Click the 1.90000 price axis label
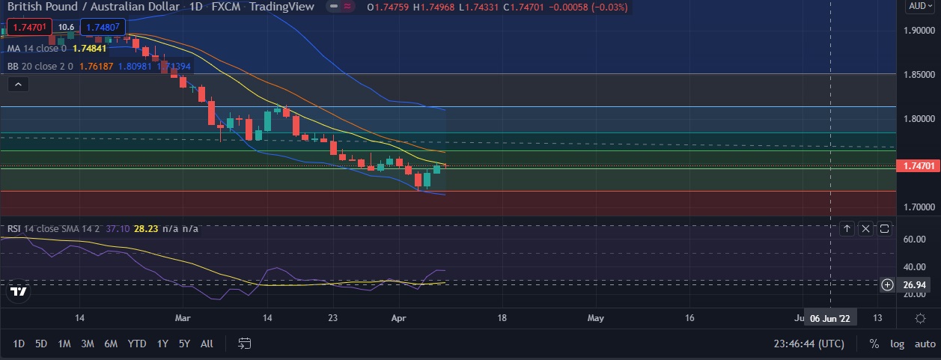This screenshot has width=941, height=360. click(x=917, y=31)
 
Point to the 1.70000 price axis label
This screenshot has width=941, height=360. click(x=917, y=207)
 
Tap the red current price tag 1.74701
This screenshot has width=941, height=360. click(x=917, y=166)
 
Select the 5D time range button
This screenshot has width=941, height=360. click(x=41, y=344)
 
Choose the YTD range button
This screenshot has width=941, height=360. click(x=136, y=344)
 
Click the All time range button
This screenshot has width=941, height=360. click(x=207, y=344)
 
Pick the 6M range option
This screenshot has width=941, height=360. click(x=111, y=344)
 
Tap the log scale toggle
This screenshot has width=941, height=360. click(x=898, y=344)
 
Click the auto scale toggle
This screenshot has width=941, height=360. click(x=925, y=344)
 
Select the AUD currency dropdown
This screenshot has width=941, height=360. click(x=919, y=6)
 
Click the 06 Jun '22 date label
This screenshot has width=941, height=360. click(x=831, y=318)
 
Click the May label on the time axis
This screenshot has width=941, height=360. click(x=595, y=318)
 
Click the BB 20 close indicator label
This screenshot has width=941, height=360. click(x=40, y=66)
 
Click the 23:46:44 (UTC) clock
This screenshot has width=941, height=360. click(x=808, y=344)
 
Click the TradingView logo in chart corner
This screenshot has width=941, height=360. click(x=19, y=292)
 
